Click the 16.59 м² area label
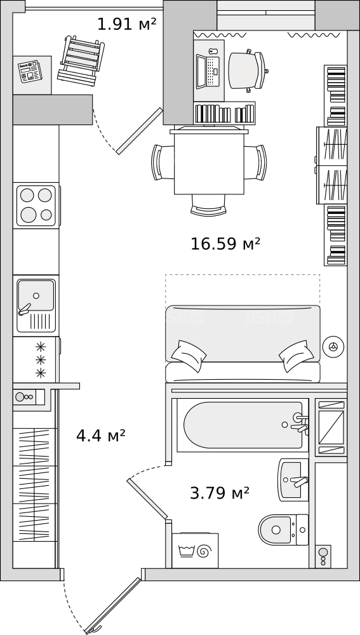click(x=225, y=244)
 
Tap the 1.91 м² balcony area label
click(x=127, y=24)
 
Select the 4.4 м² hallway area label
click(x=101, y=436)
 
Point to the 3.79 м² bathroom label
click(x=220, y=493)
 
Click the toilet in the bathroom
click(x=283, y=530)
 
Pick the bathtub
click(x=243, y=425)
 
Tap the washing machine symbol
click(x=195, y=551)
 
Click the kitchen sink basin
click(x=36, y=295)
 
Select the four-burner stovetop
click(x=36, y=206)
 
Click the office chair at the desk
click(x=247, y=70)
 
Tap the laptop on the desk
click(x=208, y=72)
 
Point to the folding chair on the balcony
click(x=81, y=60)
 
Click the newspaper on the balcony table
click(x=30, y=72)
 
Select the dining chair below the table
click(x=208, y=205)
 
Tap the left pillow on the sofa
click(x=189, y=356)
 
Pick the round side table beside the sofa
click(x=333, y=347)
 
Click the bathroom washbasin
click(x=293, y=480)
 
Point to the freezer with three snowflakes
click(x=36, y=359)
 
